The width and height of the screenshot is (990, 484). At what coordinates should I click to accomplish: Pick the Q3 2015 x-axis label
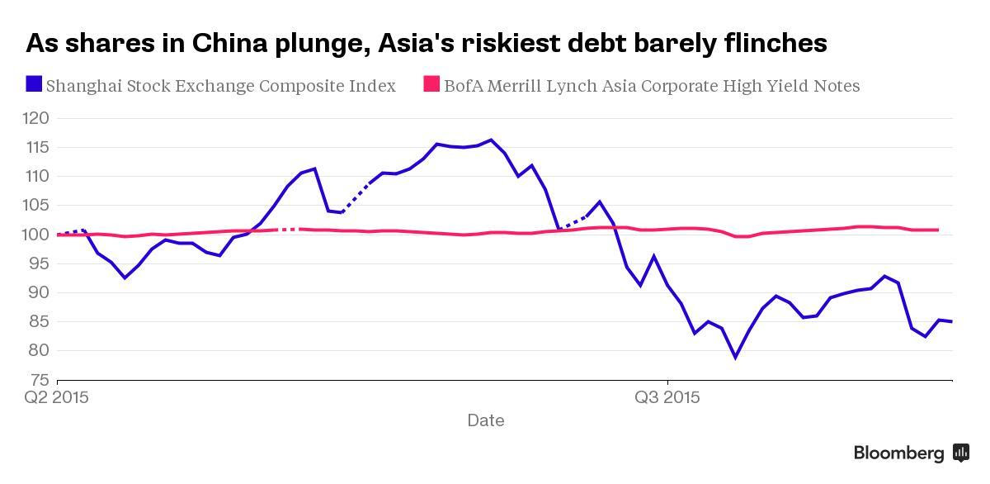point(667,397)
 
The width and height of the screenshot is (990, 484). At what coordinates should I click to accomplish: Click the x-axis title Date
point(485,420)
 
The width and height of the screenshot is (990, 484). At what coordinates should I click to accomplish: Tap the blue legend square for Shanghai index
point(34,83)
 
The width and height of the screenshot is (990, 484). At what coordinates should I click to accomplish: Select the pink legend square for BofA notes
point(431,83)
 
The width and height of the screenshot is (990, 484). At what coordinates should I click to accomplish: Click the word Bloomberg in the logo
point(898,453)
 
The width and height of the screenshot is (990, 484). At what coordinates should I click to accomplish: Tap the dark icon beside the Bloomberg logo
point(961,452)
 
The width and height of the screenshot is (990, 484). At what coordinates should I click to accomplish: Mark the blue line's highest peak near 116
point(491,140)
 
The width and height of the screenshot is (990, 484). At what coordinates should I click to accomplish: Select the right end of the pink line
point(939,230)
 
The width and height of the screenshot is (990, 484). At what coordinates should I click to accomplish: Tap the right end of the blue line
point(952,321)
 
